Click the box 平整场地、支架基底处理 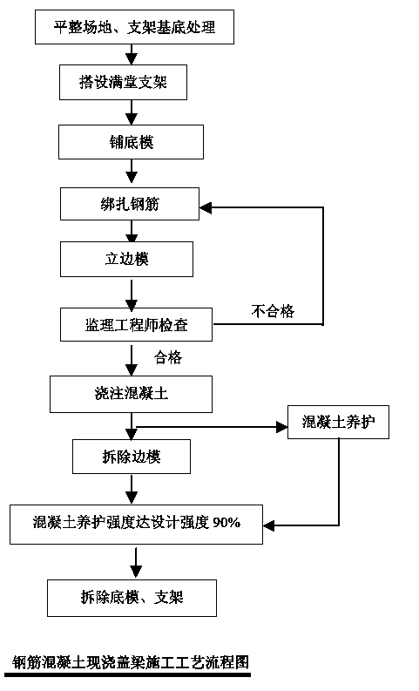pos(134,27)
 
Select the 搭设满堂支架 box pos(124,82)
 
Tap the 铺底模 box pos(132,142)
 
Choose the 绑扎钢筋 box pos(130,204)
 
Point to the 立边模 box pos(127,259)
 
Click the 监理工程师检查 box pos(136,325)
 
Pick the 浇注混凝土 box pos(132,394)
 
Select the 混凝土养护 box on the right pos(338,422)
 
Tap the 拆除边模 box pos(132,457)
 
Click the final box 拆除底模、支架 pos(132,598)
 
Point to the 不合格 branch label pos(273,311)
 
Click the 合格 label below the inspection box pos(168,357)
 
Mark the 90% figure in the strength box pos(226,523)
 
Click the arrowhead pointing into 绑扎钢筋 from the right pos(206,207)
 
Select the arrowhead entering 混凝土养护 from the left pos(282,427)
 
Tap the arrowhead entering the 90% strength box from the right pos(269,525)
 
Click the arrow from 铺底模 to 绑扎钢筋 pos(132,171)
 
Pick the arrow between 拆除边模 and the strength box pos(132,489)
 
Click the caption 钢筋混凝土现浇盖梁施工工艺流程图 pos(131,662)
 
